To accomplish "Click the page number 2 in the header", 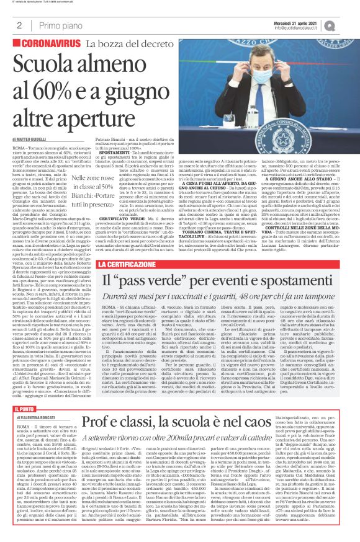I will point(19,25).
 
